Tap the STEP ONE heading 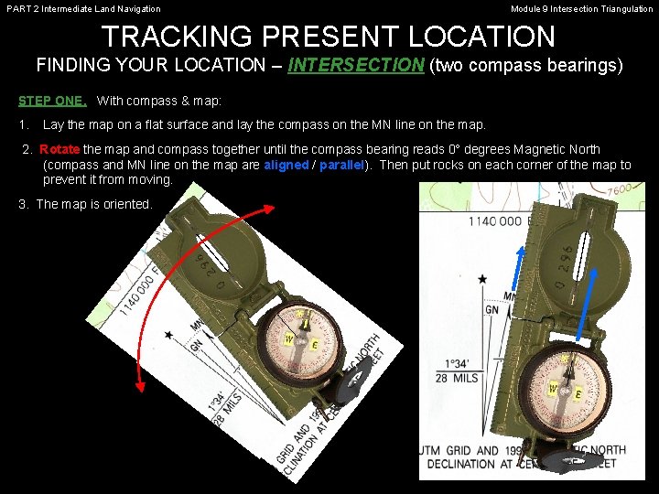[53, 100]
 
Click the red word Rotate [60, 149]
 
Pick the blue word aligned [286, 165]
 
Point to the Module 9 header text [581, 9]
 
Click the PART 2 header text [82, 9]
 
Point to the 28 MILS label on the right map [455, 378]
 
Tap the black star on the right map [481, 278]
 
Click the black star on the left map [168, 336]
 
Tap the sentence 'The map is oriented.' [85, 204]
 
